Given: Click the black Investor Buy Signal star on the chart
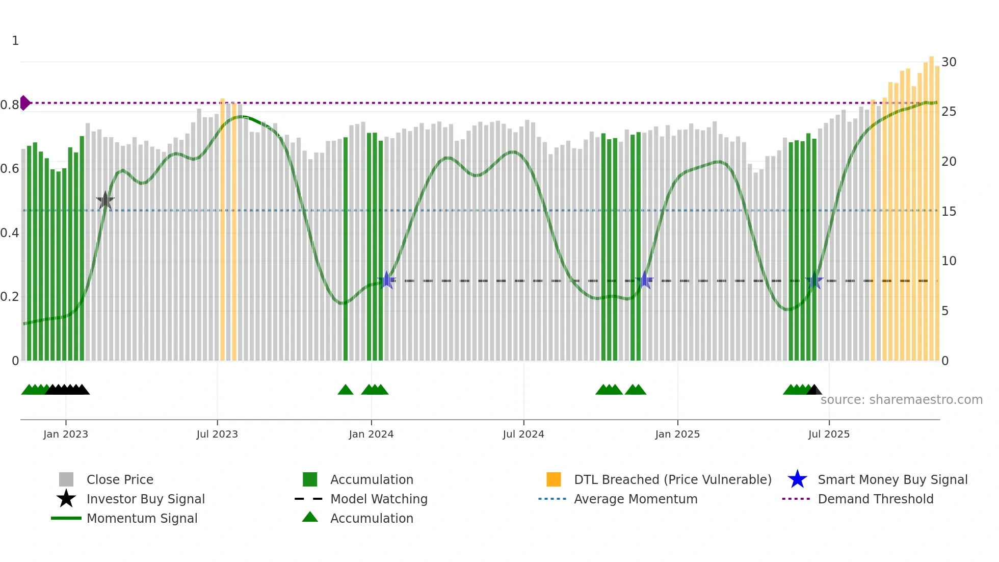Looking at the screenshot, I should [106, 201].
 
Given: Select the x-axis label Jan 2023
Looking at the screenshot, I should [66, 434].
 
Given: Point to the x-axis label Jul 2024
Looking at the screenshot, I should [523, 434].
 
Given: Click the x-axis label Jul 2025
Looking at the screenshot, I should [829, 434].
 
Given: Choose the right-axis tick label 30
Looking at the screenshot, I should [949, 62].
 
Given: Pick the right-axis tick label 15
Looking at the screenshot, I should [949, 212].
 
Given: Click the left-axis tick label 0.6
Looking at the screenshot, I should [10, 169].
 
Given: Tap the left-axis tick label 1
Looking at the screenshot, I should [15, 41].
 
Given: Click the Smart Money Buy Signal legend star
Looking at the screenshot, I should [798, 479].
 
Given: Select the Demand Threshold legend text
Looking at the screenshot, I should [876, 499].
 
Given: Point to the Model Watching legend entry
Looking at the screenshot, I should [379, 499].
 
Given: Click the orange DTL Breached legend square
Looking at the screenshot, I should [554, 479].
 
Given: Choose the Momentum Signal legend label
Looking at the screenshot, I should [142, 518].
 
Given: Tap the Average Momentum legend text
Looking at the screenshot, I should [636, 499].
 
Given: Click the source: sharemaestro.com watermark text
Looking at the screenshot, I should [902, 400].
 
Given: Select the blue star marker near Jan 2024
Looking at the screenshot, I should [387, 280].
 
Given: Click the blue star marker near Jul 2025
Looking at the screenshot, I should [814, 280].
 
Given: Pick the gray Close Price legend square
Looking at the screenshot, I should [66, 479].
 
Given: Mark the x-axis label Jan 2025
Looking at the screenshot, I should [677, 434].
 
